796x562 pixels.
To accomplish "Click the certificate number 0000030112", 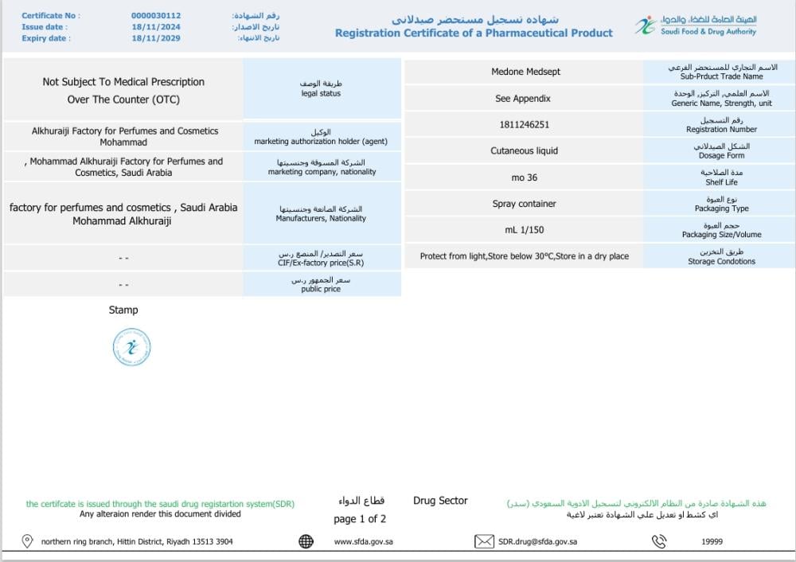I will pos(156,15).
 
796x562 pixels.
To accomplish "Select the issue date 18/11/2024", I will pos(151,26).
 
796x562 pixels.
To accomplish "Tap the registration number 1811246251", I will pos(524,125).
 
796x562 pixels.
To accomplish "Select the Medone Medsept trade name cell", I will pos(525,72).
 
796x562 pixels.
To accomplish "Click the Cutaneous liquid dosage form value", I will pos(524,150).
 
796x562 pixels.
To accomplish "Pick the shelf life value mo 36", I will pos(524,178).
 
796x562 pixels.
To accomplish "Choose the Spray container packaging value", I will pos(524,204).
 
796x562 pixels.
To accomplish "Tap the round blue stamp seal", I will pos(132,347).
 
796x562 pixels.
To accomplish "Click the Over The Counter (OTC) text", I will pos(123,100).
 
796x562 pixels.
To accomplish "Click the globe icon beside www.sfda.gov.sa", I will pos(306,541).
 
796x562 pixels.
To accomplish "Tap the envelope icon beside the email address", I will pos(484,541).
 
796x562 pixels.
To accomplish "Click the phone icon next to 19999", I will pos(659,541).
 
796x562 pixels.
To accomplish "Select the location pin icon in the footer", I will pos(27,541).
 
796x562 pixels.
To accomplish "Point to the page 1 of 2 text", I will pos(360,519).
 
